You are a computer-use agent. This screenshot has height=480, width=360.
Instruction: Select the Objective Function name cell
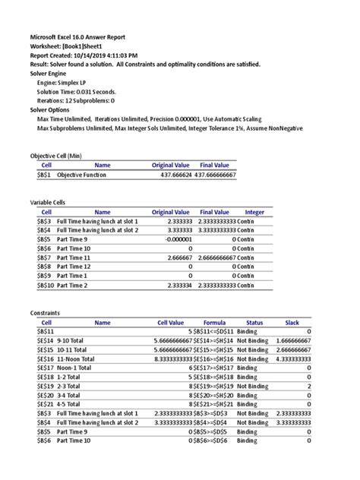pos(82,175)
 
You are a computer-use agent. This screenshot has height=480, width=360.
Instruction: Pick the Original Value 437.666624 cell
pos(171,175)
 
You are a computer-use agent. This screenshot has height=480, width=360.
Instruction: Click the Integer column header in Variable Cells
pos(254,212)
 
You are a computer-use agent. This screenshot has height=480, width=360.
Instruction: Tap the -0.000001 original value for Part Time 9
pos(175,239)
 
